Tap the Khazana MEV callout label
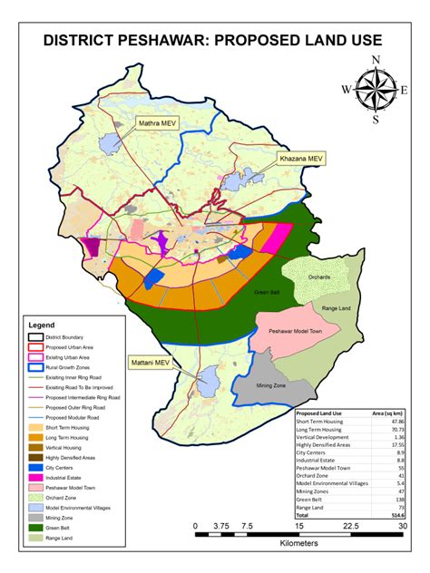click(x=300, y=159)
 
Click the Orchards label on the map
click(x=304, y=277)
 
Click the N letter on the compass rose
click(x=376, y=60)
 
